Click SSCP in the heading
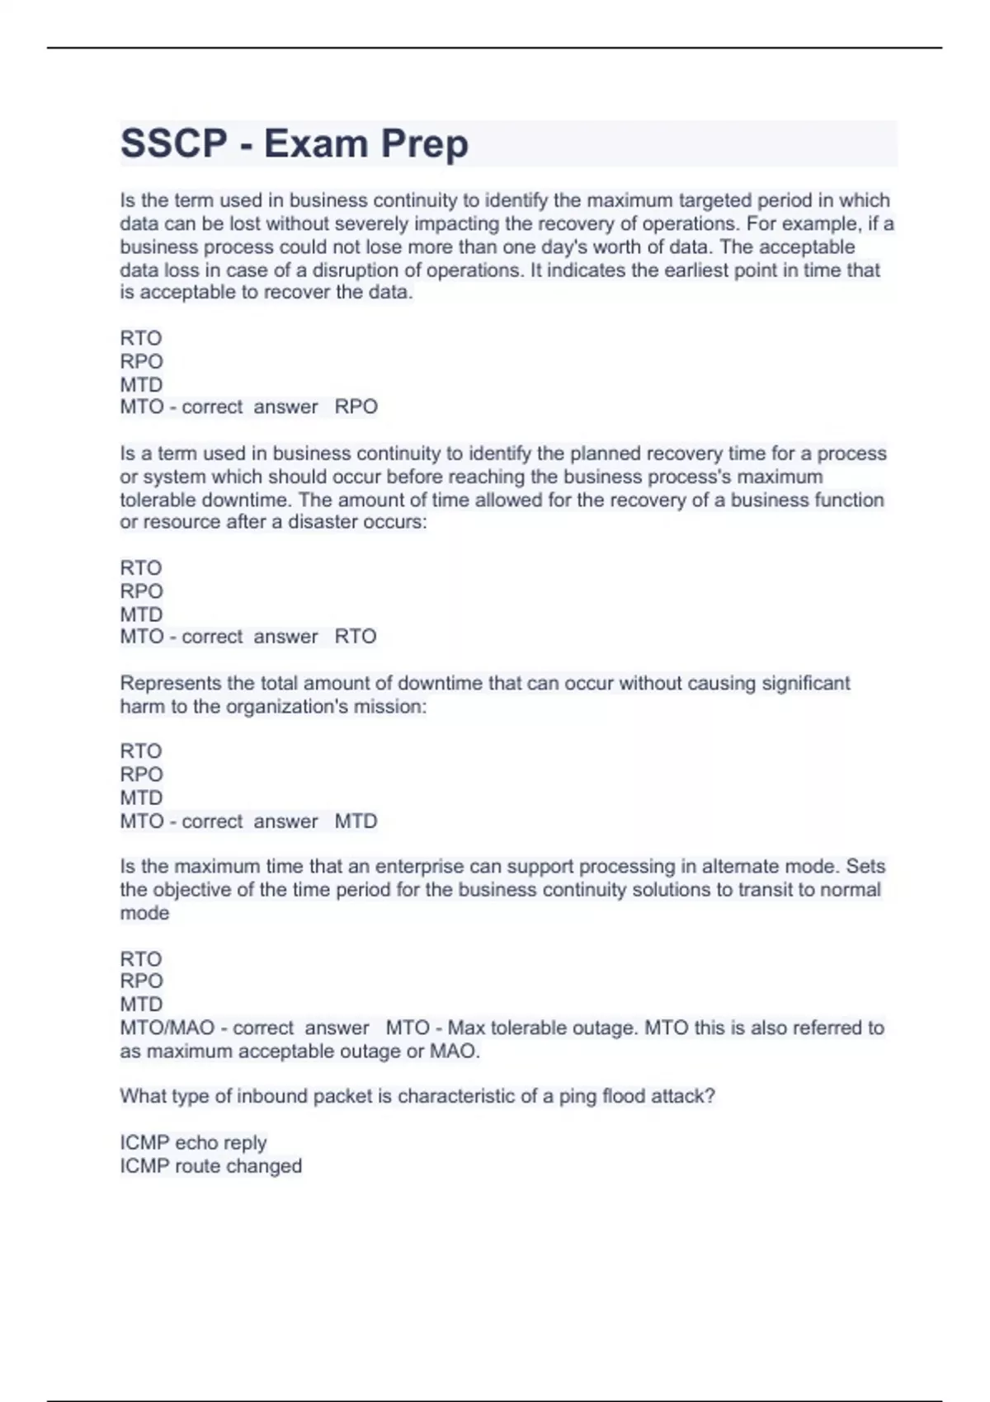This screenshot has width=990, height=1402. [173, 143]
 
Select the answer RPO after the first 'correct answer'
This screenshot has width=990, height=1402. [356, 407]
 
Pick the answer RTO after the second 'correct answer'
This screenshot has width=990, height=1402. [356, 637]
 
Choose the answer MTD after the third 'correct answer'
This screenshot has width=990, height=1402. [356, 821]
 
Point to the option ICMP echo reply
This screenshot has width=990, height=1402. [193, 1142]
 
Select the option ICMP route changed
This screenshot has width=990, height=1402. [210, 1166]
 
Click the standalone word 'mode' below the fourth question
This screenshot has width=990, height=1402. [144, 913]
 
